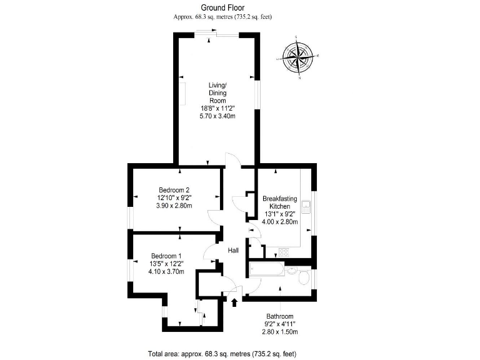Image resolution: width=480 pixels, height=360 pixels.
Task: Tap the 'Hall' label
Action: [233, 251]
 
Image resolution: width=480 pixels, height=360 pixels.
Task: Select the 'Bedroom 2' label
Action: [174, 190]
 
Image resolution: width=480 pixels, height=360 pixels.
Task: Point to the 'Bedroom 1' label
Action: [166, 255]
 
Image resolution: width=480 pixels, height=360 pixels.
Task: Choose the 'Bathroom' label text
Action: [279, 316]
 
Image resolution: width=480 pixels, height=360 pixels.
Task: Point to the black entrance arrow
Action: [235, 303]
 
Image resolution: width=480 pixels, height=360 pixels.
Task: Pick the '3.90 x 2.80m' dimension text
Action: [174, 206]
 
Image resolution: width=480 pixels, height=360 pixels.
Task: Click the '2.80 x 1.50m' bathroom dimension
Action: [279, 331]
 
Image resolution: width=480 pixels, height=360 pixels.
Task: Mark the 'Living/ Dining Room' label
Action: [217, 92]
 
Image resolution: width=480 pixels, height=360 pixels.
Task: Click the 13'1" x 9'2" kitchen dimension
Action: [279, 214]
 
